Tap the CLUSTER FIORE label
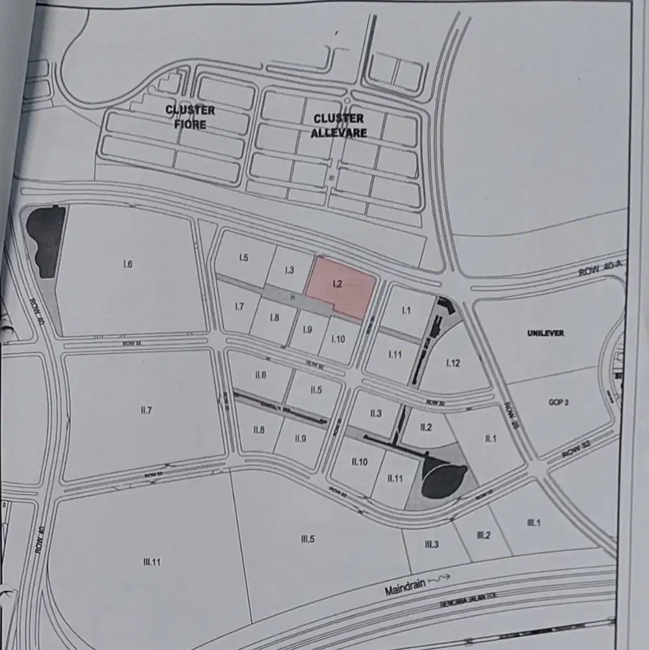click(x=191, y=117)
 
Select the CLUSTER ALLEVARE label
click(x=339, y=125)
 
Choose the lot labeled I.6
click(x=127, y=264)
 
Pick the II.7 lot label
click(x=146, y=410)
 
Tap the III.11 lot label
click(x=152, y=562)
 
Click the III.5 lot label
click(x=308, y=538)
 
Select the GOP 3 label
click(x=559, y=402)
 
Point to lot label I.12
click(x=453, y=363)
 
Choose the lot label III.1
click(x=534, y=523)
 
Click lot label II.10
click(x=360, y=461)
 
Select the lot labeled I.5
click(x=244, y=258)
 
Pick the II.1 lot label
click(x=491, y=439)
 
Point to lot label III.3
click(x=431, y=544)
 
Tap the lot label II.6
click(x=261, y=375)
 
